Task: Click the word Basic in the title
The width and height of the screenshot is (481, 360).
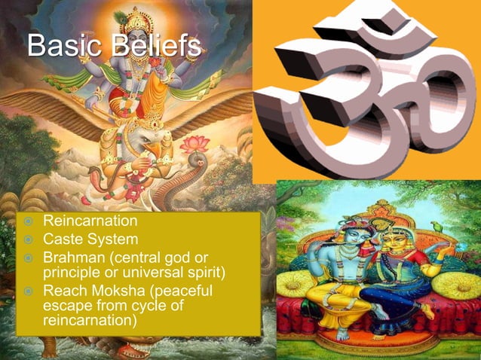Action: tap(57, 47)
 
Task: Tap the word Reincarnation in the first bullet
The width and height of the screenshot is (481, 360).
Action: tap(90, 222)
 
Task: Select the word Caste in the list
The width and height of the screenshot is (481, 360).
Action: tap(63, 240)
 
